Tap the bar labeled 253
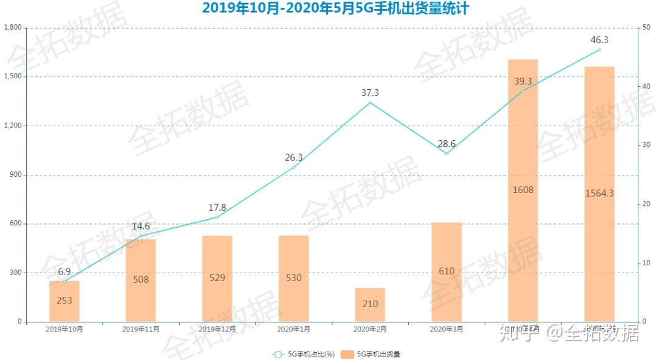64,301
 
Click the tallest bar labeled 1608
523,190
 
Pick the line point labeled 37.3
370,103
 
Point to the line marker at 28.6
446,154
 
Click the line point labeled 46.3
599,50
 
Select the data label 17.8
217,207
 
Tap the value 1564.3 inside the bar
599,193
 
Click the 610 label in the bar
446,271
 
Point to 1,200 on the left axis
13,126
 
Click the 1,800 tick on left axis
13,28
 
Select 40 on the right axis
647,87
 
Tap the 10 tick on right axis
647,263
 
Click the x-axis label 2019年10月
64,329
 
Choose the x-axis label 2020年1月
293,329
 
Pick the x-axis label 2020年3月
446,329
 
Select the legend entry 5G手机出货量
375,354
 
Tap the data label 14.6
141,226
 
